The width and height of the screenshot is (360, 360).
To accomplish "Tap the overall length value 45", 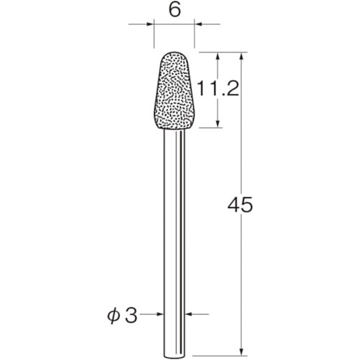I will (240, 206).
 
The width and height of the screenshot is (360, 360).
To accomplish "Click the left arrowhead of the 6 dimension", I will (153, 25).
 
